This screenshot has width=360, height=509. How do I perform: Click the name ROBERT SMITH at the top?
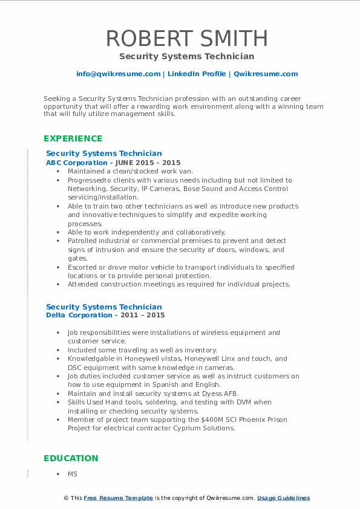186,38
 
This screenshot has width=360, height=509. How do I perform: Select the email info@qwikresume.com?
118,74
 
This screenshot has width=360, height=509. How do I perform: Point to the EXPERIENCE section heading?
73,138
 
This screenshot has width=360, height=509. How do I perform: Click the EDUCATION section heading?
71,458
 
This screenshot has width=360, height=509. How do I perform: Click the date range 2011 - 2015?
146,315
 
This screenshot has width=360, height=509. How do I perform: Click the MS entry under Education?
73,475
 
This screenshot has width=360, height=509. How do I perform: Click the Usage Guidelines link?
283,498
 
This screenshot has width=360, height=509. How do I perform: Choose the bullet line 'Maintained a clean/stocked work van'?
130,171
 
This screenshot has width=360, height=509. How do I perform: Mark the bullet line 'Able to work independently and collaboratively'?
146,232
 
